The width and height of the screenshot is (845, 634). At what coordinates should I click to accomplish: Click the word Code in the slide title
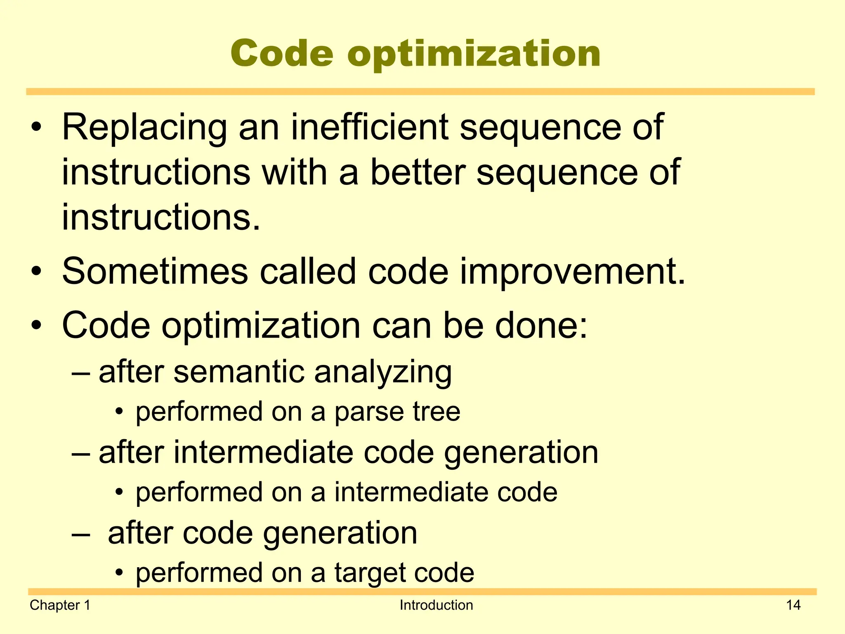click(x=282, y=54)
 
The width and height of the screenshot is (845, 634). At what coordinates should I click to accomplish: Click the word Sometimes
click(x=155, y=271)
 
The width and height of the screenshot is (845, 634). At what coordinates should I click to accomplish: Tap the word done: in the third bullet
click(x=541, y=325)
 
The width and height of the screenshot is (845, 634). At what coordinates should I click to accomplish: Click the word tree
click(x=437, y=412)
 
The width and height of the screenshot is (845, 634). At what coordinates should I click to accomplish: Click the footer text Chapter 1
click(x=60, y=605)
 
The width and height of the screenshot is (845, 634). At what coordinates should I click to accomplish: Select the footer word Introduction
click(x=436, y=605)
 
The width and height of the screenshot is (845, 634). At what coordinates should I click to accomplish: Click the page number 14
click(x=793, y=605)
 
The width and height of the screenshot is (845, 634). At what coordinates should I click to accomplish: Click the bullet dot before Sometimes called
click(x=37, y=272)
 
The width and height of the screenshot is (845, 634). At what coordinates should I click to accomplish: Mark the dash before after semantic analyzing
click(x=80, y=372)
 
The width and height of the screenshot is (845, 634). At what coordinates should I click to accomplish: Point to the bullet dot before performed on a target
click(x=119, y=573)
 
